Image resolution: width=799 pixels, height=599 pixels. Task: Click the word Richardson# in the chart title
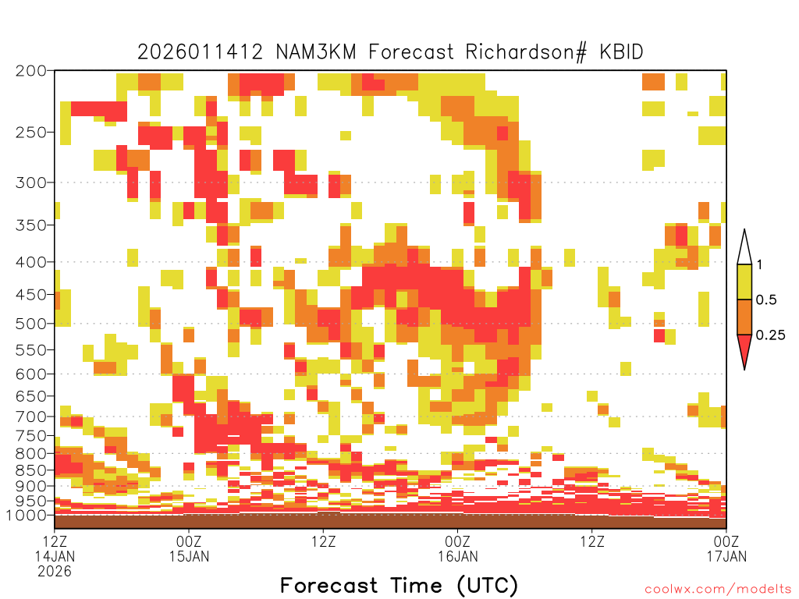pyautogui.click(x=526, y=52)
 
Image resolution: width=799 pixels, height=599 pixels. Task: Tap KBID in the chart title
pyautogui.click(x=621, y=52)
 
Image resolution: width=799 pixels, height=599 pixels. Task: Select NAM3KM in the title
pyautogui.click(x=316, y=52)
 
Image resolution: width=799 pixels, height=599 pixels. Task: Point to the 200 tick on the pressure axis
pyautogui.click(x=31, y=71)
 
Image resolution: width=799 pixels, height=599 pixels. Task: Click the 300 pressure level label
pyautogui.click(x=31, y=183)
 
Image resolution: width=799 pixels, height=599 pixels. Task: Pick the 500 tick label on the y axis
pyautogui.click(x=31, y=324)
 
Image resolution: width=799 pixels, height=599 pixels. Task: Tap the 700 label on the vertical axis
pyautogui.click(x=31, y=416)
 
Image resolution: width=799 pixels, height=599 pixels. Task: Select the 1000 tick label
pyautogui.click(x=27, y=516)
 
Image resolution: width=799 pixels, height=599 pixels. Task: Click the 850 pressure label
pyautogui.click(x=31, y=470)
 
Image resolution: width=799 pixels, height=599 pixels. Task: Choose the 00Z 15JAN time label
pyautogui.click(x=189, y=548)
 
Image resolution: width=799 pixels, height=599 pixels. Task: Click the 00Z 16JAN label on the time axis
pyautogui.click(x=457, y=548)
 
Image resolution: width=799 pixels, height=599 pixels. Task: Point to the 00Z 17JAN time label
pyautogui.click(x=726, y=548)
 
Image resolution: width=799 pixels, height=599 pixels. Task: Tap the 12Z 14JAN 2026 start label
pyautogui.click(x=55, y=556)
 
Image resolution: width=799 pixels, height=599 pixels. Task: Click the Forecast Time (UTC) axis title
pyautogui.click(x=399, y=586)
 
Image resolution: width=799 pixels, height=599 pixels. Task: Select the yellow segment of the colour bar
pyautogui.click(x=744, y=282)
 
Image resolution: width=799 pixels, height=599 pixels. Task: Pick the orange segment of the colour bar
pyautogui.click(x=744, y=317)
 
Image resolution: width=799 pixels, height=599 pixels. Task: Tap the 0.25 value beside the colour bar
pyautogui.click(x=770, y=335)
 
